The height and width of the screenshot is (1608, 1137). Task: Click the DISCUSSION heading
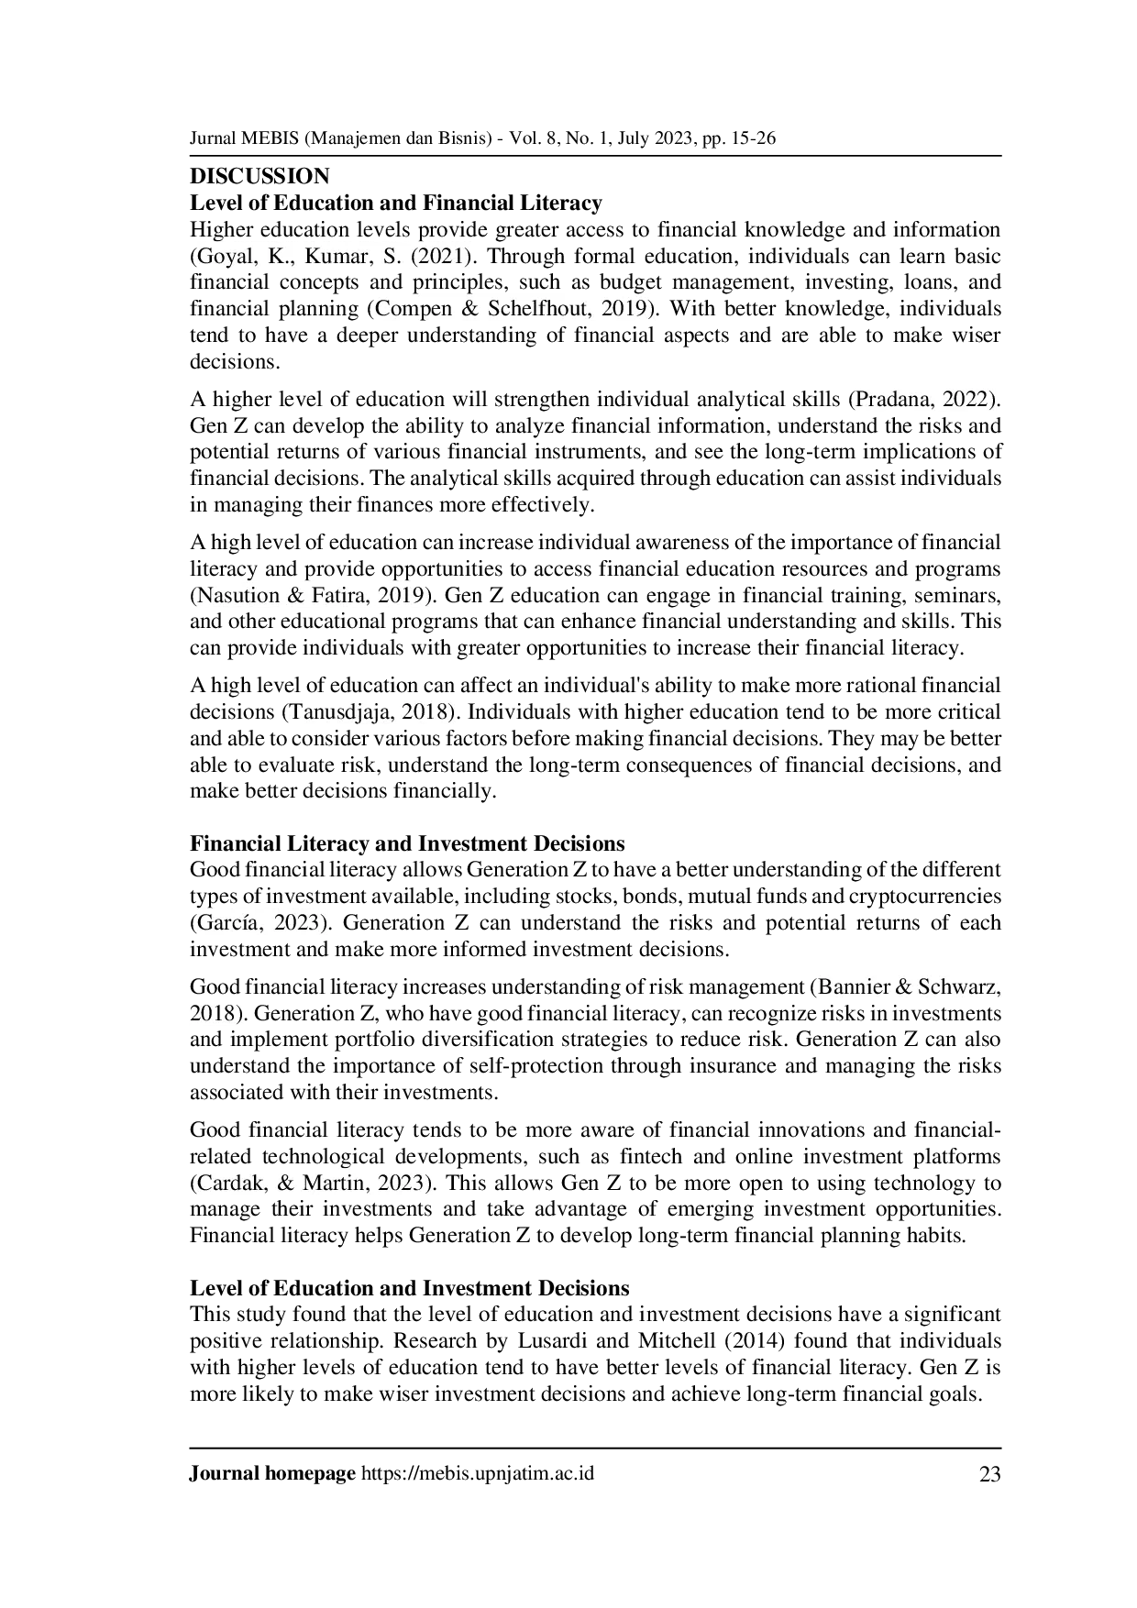259,176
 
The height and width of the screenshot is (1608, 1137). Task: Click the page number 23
990,1475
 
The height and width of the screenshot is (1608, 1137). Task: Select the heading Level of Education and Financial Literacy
396,203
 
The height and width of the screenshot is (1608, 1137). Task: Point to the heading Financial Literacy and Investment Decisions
407,843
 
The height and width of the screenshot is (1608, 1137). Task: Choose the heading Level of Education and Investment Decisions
410,1288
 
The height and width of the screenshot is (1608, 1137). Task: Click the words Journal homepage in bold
272,1474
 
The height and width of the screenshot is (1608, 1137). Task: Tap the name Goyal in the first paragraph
220,256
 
